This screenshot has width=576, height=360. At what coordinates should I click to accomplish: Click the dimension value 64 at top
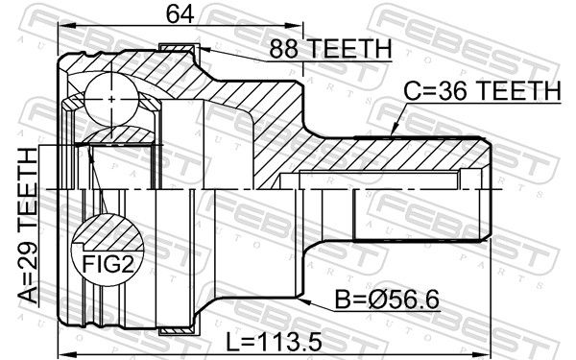tap(180, 14)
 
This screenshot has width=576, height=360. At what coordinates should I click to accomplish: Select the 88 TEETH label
tap(330, 49)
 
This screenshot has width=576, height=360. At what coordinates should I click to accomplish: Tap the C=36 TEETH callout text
tap(482, 91)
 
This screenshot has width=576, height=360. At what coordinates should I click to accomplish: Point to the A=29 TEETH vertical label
tap(28, 226)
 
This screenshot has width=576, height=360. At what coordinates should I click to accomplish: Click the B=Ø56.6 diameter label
tap(387, 300)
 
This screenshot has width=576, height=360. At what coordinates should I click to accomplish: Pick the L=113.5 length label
tap(274, 342)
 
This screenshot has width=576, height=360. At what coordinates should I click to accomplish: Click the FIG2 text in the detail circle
tap(108, 263)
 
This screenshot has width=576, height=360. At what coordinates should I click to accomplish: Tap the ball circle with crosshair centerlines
tap(111, 99)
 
